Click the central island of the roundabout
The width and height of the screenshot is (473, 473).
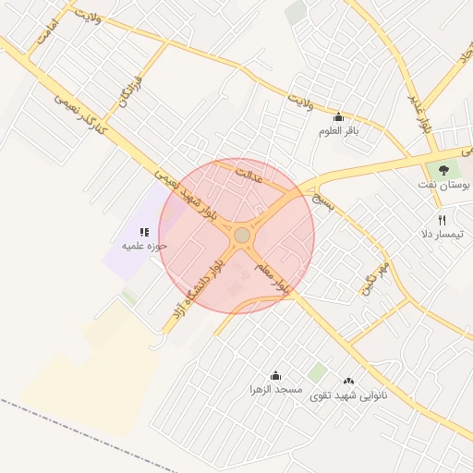[242, 236]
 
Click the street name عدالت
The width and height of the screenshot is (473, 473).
[249, 175]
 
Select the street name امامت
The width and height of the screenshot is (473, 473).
[47, 33]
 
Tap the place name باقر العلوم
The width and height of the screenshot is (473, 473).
[338, 131]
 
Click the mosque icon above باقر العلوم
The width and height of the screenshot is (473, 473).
[338, 116]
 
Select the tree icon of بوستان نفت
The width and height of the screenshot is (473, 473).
[443, 170]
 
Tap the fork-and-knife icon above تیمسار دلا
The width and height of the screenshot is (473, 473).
[442, 220]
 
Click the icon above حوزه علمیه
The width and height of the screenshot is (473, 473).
[143, 232]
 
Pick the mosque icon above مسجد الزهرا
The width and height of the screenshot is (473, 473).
[274, 375]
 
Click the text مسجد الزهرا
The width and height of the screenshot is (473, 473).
[275, 391]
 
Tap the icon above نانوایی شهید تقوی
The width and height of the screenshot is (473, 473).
[348, 381]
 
